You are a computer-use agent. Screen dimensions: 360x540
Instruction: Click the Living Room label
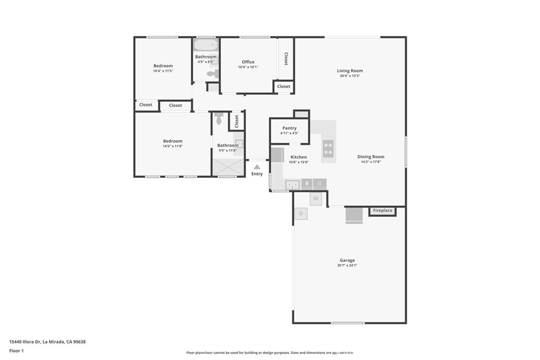coord(350,71)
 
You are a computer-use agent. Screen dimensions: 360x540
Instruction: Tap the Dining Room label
coord(371,157)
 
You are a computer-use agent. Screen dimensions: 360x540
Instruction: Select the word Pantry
coord(290,128)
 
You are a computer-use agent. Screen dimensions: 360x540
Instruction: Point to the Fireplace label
coord(382,211)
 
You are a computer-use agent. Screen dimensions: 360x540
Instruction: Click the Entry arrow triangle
coord(257,167)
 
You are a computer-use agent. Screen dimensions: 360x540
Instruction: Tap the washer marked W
coord(315,199)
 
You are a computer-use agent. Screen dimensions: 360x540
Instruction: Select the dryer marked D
coord(301,213)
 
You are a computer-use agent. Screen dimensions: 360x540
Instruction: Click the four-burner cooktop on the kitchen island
coord(328,149)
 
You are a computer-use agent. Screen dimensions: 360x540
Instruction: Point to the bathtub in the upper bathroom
coord(206,45)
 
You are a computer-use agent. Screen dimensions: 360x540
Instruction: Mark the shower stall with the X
coord(228,168)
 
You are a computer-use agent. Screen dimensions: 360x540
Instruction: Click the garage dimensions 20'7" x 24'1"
coord(347,265)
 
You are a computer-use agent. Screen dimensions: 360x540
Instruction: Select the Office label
coord(248,62)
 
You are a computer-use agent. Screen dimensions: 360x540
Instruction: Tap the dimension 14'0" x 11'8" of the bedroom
coord(172,146)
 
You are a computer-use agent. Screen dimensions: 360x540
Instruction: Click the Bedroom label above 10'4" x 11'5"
coord(163,66)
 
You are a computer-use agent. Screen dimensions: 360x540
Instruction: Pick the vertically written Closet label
coord(286,59)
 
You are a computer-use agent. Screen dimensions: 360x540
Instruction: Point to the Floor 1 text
coord(16,351)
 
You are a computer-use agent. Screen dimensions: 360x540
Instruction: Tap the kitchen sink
coord(292,184)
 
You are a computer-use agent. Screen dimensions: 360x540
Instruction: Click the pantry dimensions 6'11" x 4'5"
coord(290,133)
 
